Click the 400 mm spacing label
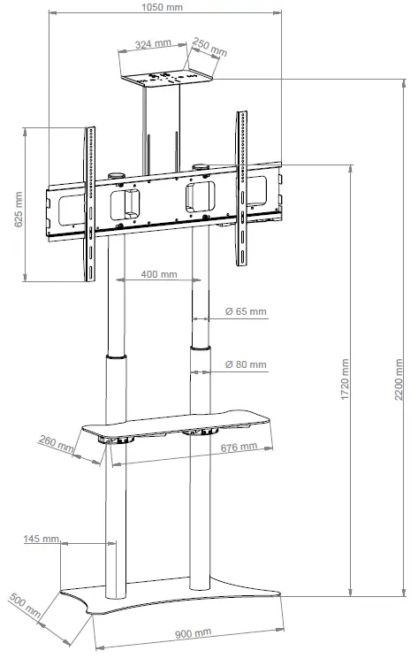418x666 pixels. [159, 275]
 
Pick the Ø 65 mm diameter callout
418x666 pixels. [246, 312]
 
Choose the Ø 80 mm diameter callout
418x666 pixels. [246, 364]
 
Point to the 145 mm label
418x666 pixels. [42, 538]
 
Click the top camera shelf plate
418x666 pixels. [168, 79]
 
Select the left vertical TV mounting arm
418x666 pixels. [88, 203]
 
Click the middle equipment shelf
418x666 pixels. [177, 423]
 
